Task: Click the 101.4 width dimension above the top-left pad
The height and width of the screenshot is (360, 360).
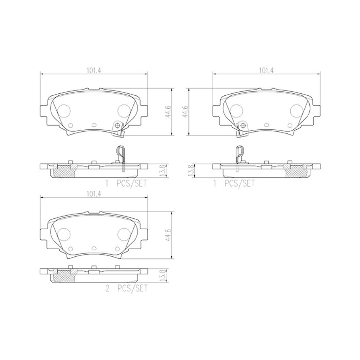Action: click(94, 71)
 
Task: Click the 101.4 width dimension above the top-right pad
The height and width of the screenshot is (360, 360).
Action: click(266, 71)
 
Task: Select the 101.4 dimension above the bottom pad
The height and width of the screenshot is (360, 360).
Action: click(94, 194)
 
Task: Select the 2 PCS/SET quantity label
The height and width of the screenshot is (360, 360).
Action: click(126, 288)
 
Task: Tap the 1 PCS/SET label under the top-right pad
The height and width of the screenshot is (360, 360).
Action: click(234, 183)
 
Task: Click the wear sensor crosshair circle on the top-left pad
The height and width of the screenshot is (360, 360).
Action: click(117, 126)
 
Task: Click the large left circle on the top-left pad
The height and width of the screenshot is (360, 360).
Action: click(64, 111)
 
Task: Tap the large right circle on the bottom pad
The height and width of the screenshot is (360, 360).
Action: click(124, 233)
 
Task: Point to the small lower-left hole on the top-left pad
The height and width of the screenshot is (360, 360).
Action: click(70, 126)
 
